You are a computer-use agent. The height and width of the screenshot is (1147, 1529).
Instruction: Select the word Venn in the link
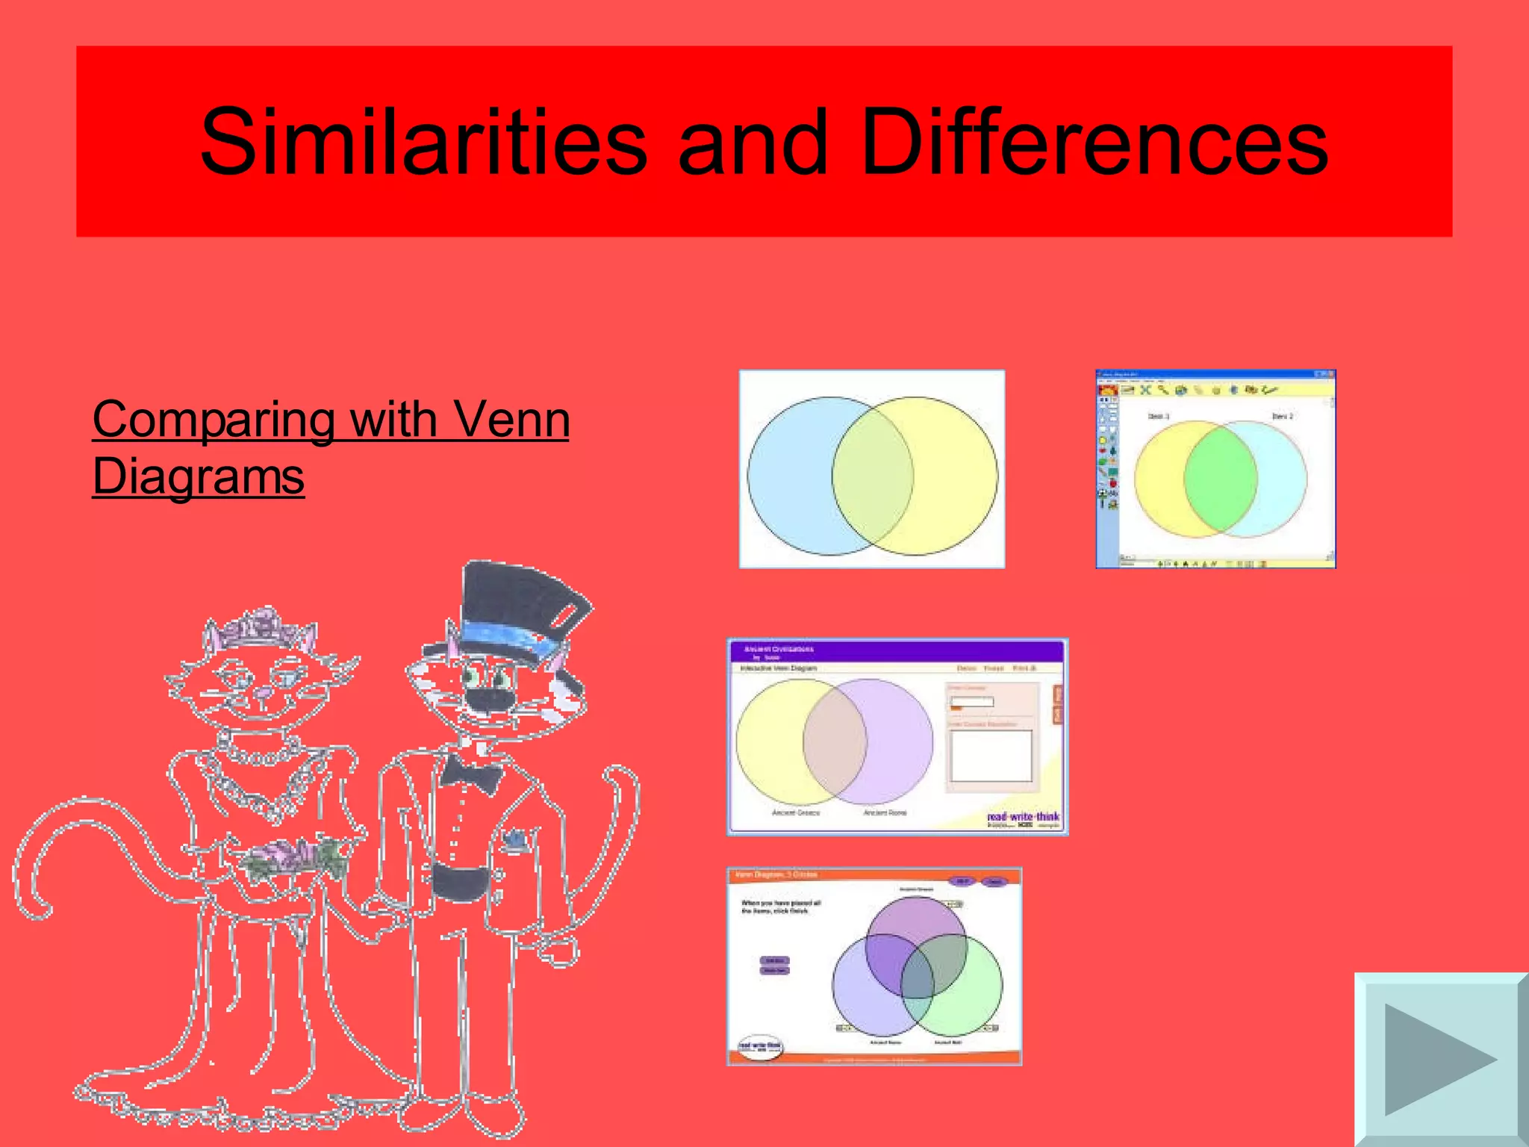coord(511,420)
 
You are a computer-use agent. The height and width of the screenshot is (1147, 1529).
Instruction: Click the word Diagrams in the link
coord(199,476)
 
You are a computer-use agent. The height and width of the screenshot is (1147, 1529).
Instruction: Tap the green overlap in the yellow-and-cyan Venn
coord(1221,479)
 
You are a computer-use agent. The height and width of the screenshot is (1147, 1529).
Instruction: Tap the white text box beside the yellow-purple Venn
coord(991,756)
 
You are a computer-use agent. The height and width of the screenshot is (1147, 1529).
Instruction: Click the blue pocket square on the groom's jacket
coord(514,841)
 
